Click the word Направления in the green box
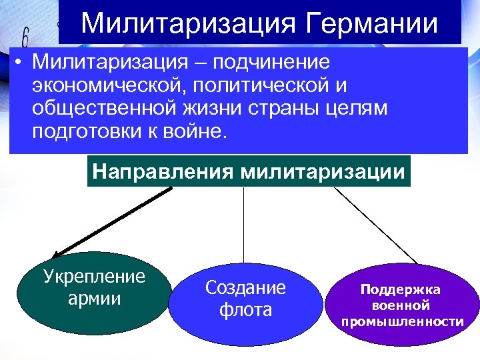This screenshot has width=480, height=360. click(x=163, y=171)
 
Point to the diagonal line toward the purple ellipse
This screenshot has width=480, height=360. click(x=377, y=225)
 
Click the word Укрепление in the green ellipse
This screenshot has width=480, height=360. click(x=94, y=276)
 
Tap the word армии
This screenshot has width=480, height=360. click(x=94, y=297)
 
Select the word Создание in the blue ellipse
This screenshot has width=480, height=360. click(x=245, y=288)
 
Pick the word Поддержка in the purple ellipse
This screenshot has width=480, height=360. click(x=402, y=290)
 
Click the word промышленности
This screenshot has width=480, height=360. click(x=402, y=322)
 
